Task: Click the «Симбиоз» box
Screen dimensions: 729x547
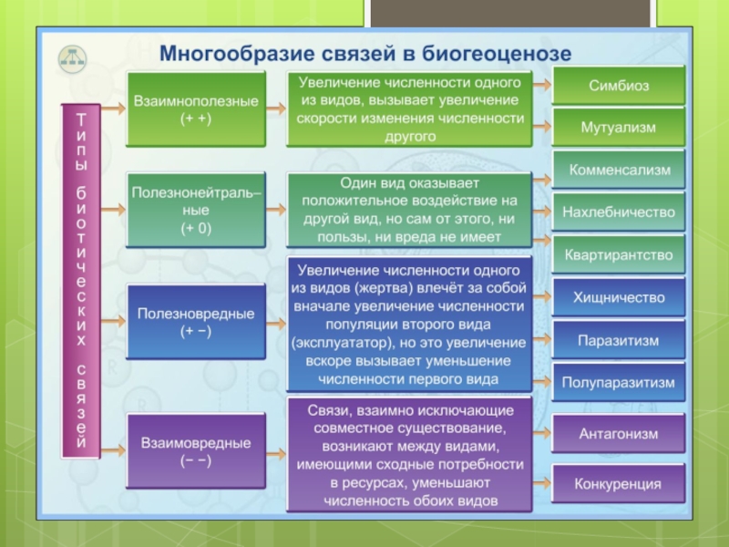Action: (x=618, y=85)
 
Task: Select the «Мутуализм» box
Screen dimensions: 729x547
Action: (x=618, y=127)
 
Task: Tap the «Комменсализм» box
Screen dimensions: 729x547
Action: (x=619, y=170)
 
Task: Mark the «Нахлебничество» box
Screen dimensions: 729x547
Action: (x=619, y=212)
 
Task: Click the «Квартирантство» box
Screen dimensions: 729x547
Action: (x=619, y=254)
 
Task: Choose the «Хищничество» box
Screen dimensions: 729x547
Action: (x=619, y=297)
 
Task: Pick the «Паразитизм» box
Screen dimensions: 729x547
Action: (x=619, y=340)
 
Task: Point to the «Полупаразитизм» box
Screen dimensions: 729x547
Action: (x=619, y=383)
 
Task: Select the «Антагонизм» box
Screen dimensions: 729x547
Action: (x=619, y=434)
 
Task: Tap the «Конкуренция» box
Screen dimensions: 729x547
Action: (x=619, y=483)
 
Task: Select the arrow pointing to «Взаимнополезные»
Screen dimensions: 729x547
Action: (x=113, y=108)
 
